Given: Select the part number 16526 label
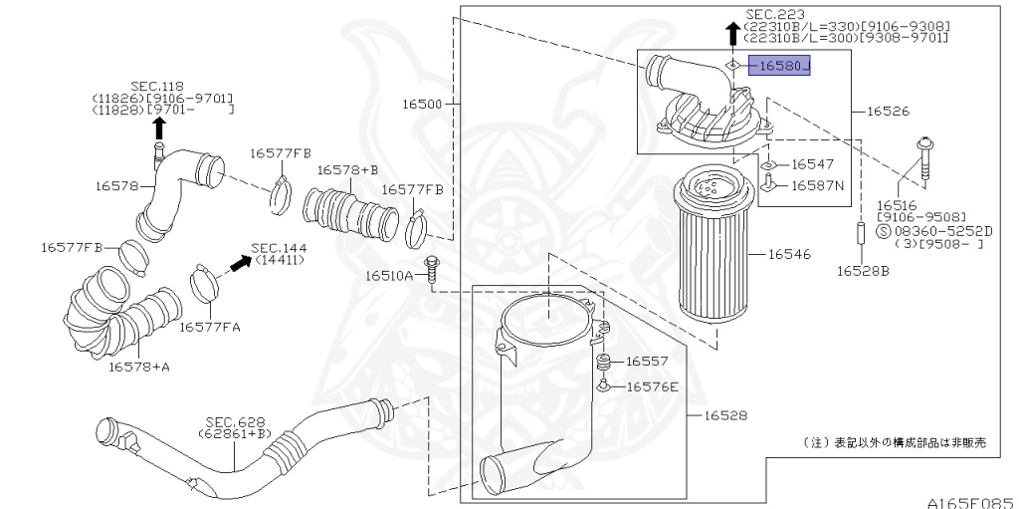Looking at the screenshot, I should (x=888, y=112).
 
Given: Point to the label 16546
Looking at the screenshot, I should (x=789, y=255).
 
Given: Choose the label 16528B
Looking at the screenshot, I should (x=862, y=270).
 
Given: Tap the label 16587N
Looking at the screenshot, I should (x=818, y=185).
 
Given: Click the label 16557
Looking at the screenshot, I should (x=647, y=362).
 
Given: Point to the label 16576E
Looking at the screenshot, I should (x=652, y=386).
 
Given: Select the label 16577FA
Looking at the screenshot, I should (x=210, y=326).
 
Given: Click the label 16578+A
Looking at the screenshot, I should (x=139, y=367).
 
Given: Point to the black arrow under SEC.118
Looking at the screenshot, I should (x=159, y=127).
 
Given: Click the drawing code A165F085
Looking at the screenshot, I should (x=969, y=501).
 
